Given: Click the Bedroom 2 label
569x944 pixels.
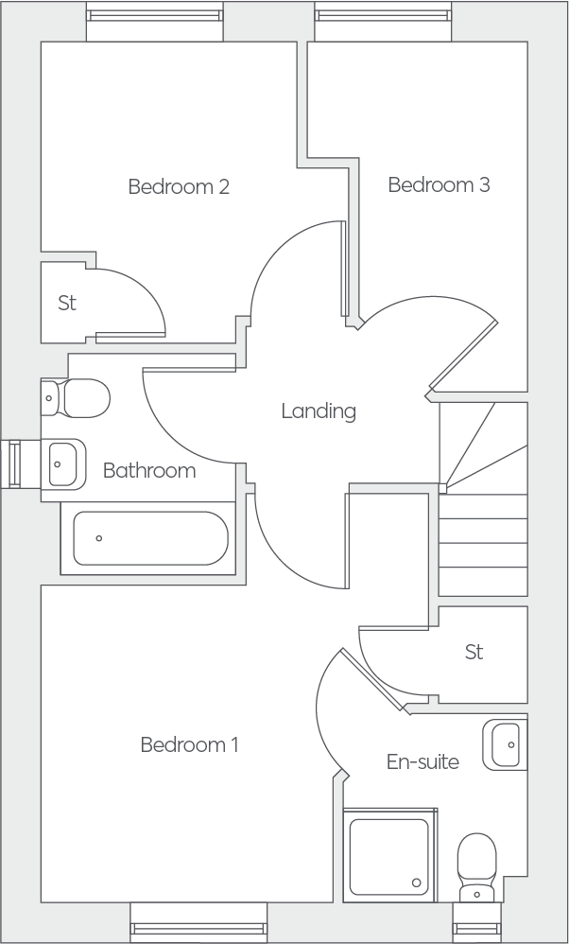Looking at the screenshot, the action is pyautogui.click(x=179, y=186).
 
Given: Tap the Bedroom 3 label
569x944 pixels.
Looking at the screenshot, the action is pyautogui.click(x=440, y=184).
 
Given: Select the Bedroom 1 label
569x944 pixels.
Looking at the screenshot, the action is pyautogui.click(x=189, y=744).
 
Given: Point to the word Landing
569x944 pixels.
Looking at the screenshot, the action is pyautogui.click(x=319, y=411).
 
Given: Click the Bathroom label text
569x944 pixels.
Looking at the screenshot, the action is pyautogui.click(x=149, y=470).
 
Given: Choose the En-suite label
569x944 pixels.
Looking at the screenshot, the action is pyautogui.click(x=422, y=761).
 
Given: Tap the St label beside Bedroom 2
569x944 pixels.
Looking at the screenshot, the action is pyautogui.click(x=67, y=303).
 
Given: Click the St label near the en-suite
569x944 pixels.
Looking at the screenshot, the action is pyautogui.click(x=474, y=652).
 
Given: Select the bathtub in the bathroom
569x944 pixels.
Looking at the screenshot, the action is pyautogui.click(x=150, y=538).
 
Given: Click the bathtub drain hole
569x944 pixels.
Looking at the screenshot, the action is pyautogui.click(x=98, y=538).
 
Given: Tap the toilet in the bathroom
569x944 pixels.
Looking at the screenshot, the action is pyautogui.click(x=76, y=398).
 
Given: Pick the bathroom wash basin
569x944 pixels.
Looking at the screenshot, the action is pyautogui.click(x=63, y=464).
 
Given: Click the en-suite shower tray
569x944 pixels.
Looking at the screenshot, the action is pyautogui.click(x=389, y=855).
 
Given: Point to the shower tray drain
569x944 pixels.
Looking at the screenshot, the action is pyautogui.click(x=416, y=883).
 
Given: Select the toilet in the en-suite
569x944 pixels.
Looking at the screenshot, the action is pyautogui.click(x=477, y=867).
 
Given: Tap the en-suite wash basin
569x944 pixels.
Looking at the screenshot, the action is pyautogui.click(x=506, y=744).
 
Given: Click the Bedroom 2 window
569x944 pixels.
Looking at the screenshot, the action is pyautogui.click(x=155, y=22).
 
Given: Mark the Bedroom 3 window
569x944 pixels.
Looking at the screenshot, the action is pyautogui.click(x=383, y=22).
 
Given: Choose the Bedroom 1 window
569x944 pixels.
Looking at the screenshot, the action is pyautogui.click(x=198, y=921).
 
